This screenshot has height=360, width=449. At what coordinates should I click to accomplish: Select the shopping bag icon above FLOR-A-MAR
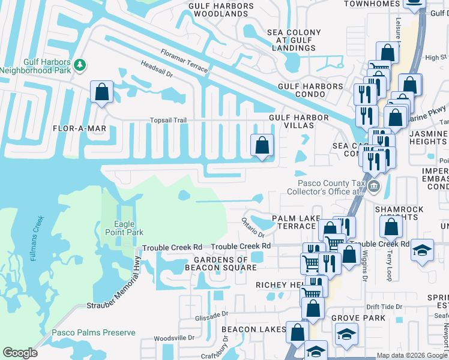[101, 92]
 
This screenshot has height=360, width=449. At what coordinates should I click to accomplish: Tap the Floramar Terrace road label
[184, 62]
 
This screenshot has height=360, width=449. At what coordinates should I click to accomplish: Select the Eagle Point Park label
[124, 228]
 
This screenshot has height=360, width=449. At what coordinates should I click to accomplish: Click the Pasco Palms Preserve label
[93, 332]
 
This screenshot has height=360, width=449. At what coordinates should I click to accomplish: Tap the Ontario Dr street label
[253, 227]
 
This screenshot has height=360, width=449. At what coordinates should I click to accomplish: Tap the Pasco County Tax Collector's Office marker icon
[375, 186]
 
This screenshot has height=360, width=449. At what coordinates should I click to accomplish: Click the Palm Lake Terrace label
[294, 221]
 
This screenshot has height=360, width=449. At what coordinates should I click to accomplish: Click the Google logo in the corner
[20, 353]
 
